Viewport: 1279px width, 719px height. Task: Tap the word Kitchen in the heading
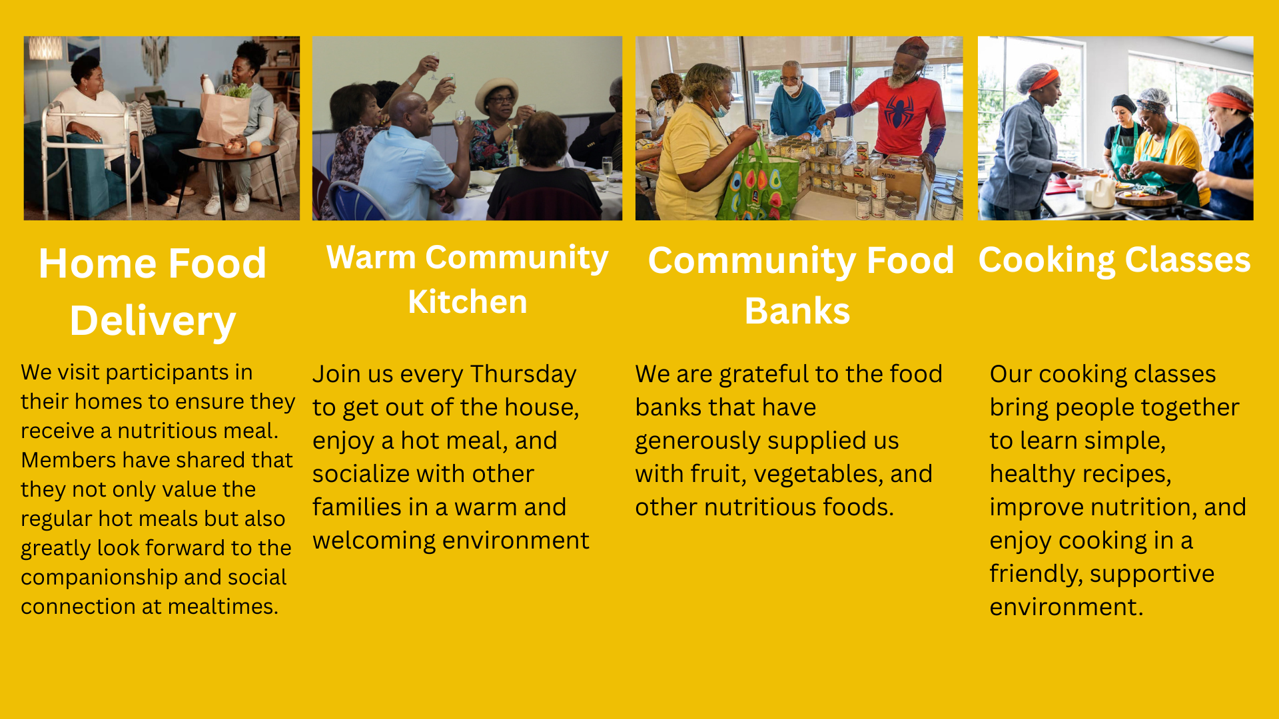click(x=468, y=302)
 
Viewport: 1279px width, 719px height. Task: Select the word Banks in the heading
click(x=797, y=312)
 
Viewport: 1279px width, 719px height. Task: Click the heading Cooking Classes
click(x=1114, y=260)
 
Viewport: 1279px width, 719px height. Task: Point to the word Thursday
click(x=524, y=375)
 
